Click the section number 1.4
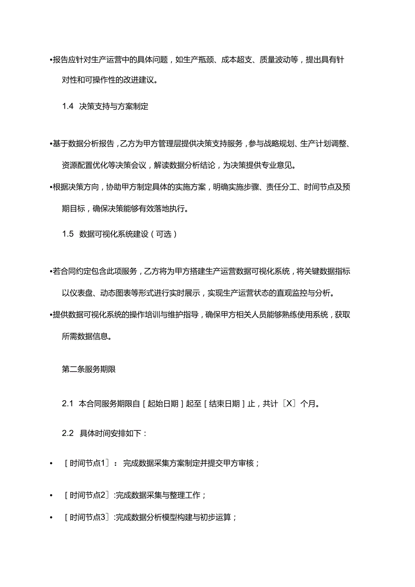(x=68, y=107)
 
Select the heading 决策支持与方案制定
(x=114, y=107)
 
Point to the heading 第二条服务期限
(x=89, y=369)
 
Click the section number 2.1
(x=68, y=404)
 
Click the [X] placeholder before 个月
(x=289, y=404)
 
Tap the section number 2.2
(x=68, y=434)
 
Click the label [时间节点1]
(x=87, y=463)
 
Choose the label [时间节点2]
(x=87, y=495)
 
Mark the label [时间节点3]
(x=87, y=518)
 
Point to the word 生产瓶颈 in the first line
(x=198, y=60)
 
